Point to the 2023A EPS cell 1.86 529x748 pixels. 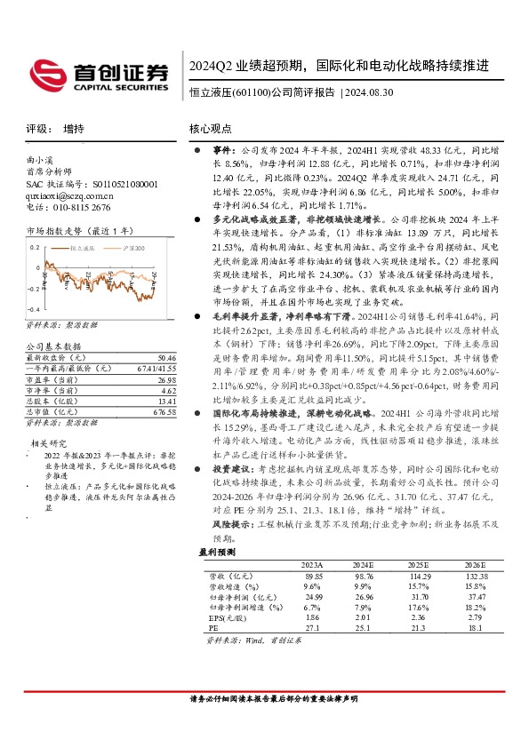pyautogui.click(x=311, y=616)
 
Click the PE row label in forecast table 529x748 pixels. pyautogui.click(x=214, y=626)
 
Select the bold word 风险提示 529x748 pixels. pyautogui.click(x=230, y=525)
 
